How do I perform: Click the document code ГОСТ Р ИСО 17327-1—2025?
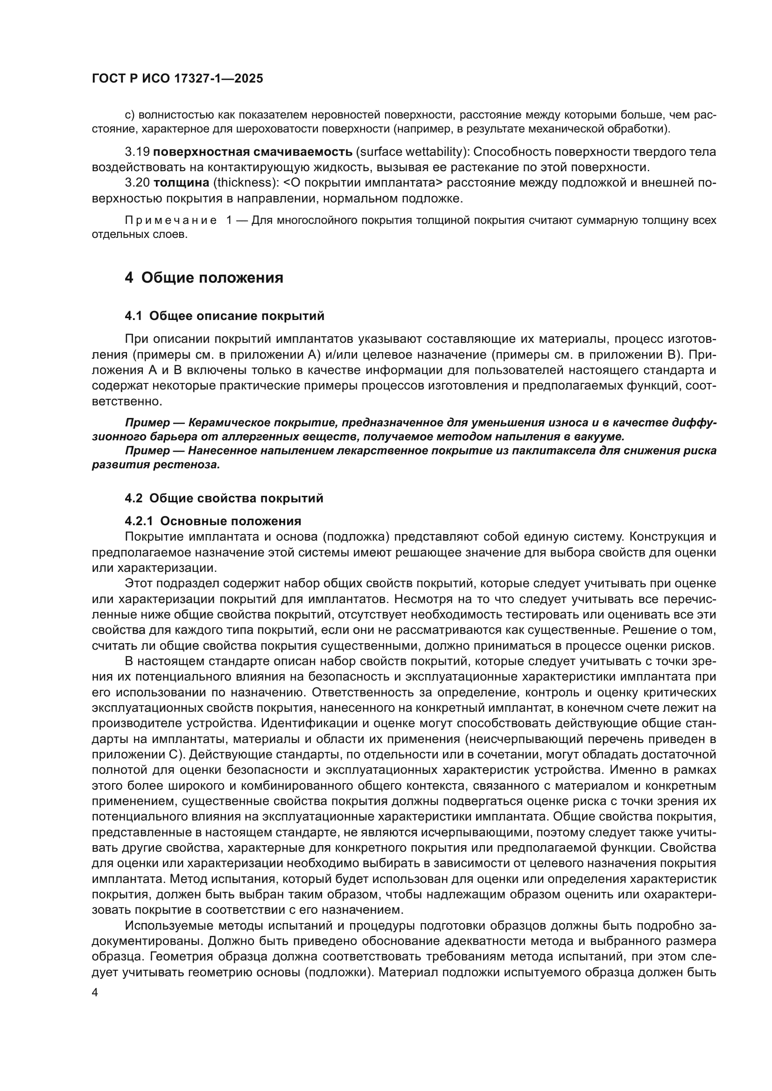(x=177, y=79)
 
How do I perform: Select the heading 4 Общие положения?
(x=204, y=278)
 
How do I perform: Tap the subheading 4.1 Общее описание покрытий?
(x=225, y=316)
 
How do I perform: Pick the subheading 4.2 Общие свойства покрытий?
(x=224, y=499)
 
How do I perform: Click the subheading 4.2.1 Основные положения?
(x=213, y=521)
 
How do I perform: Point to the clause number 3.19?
(x=137, y=152)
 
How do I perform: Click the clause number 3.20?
(x=137, y=183)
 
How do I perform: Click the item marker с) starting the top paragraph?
(x=130, y=116)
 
